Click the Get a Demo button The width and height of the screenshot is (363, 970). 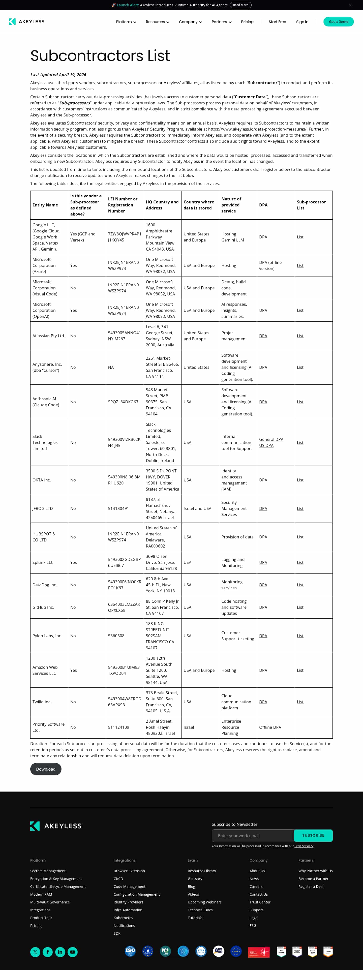pyautogui.click(x=338, y=22)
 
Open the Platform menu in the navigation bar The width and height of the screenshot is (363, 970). pyautogui.click(x=126, y=22)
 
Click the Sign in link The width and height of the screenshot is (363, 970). pyautogui.click(x=302, y=22)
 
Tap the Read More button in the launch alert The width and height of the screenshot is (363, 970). pyautogui.click(x=240, y=5)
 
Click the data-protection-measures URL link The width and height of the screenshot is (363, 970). pyautogui.click(x=257, y=129)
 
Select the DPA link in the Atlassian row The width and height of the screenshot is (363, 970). pyautogui.click(x=263, y=336)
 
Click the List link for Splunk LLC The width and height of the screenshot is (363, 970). pyautogui.click(x=300, y=563)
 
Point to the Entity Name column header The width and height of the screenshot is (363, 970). pyautogui.click(x=45, y=205)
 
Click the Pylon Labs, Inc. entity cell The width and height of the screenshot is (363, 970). pyautogui.click(x=47, y=636)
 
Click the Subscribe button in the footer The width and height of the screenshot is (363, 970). pyautogui.click(x=313, y=836)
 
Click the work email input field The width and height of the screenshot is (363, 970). pyautogui.click(x=253, y=836)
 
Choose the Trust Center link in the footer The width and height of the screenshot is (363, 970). pyautogui.click(x=260, y=902)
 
